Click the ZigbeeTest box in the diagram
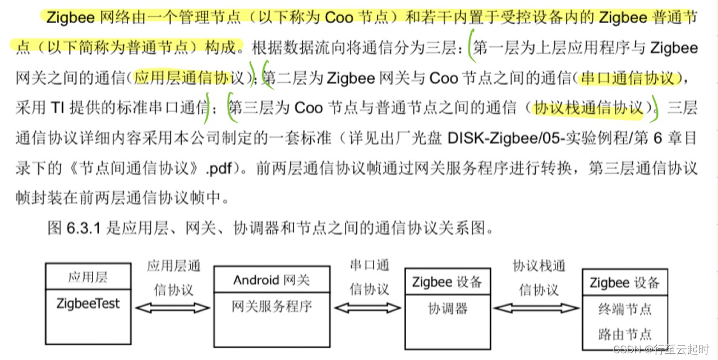click(x=88, y=304)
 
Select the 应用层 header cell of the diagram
click(x=88, y=277)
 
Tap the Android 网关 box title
click(x=271, y=280)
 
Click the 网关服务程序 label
click(x=271, y=306)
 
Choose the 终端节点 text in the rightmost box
click(x=625, y=309)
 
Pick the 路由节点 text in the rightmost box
click(x=625, y=334)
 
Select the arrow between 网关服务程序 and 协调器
click(x=368, y=307)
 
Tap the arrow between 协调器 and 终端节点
click(x=537, y=307)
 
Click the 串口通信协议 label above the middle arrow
click(x=369, y=278)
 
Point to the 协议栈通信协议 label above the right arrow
click(x=538, y=278)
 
